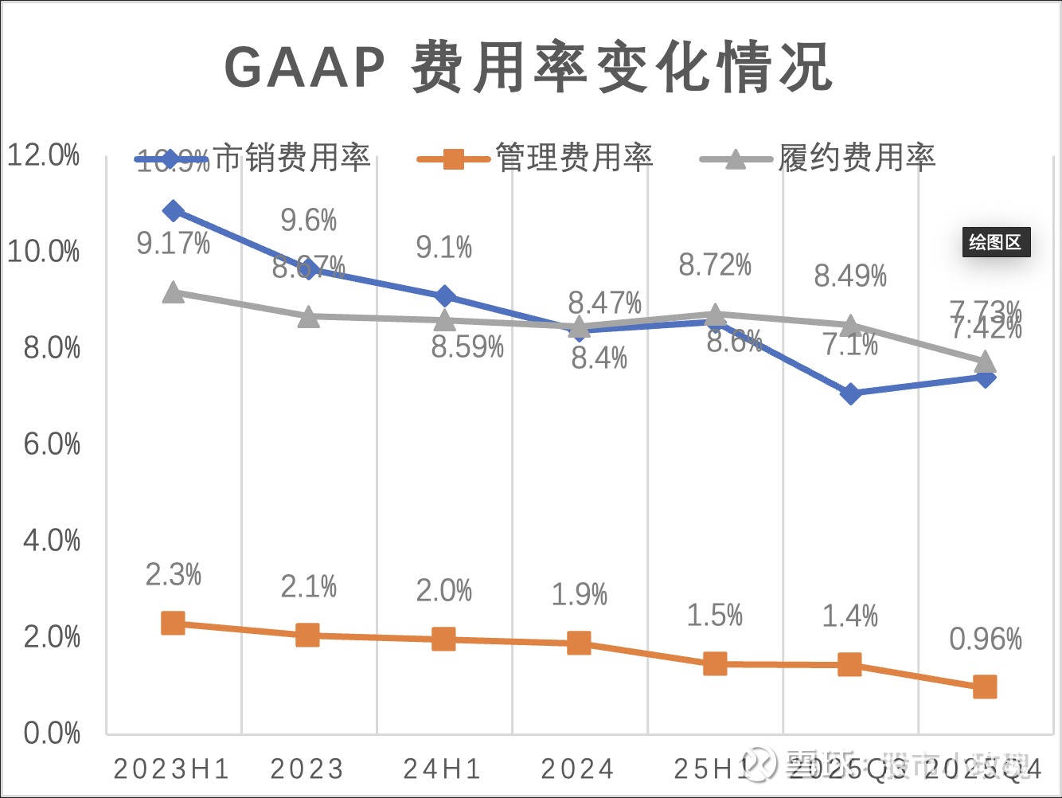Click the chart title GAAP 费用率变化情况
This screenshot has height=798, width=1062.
tap(529, 67)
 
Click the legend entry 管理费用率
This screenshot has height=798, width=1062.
tap(573, 158)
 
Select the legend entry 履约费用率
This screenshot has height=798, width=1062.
tap(856, 158)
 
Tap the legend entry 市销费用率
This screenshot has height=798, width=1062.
tap(292, 158)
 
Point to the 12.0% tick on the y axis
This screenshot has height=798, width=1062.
tap(45, 155)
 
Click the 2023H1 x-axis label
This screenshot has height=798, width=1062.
tap(172, 769)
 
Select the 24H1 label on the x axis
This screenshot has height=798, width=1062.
tap(443, 769)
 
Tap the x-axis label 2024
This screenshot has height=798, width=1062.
tap(578, 769)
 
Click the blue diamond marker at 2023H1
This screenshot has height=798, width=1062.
tap(173, 211)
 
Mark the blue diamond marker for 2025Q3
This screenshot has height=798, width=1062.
tap(850, 393)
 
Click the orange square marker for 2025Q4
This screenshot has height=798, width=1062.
tap(985, 687)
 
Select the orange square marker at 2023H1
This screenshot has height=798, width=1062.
tap(173, 623)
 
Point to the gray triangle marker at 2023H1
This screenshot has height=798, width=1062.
tap(173, 292)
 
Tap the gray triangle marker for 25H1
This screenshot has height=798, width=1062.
tap(715, 314)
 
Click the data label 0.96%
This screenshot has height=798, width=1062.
tap(985, 639)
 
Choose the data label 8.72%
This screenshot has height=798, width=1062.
tap(715, 265)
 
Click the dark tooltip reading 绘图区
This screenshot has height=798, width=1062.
tap(994, 242)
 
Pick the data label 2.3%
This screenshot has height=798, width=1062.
tap(173, 574)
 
